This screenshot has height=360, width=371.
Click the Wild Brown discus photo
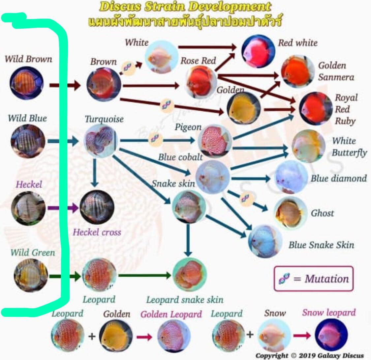(26, 83)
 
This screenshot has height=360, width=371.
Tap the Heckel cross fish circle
(97, 207)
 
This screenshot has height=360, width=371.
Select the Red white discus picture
(258, 51)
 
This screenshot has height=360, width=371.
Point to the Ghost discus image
(290, 213)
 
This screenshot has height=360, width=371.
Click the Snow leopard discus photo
(331, 335)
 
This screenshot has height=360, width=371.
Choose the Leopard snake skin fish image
(190, 275)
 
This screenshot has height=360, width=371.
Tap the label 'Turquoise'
(104, 119)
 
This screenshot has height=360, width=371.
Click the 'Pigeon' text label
(188, 127)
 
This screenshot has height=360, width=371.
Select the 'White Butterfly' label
(350, 147)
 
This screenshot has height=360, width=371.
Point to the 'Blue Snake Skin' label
(321, 245)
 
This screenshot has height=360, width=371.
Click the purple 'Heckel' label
(29, 184)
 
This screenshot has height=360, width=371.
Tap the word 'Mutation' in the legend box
(327, 279)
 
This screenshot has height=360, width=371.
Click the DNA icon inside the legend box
(284, 278)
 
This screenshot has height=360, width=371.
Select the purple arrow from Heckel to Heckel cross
(63, 208)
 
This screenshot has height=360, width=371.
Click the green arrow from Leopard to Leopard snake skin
(144, 275)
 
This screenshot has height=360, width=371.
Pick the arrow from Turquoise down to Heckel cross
(95, 173)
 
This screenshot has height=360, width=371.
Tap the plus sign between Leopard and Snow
(250, 334)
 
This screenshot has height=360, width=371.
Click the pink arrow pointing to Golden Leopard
(144, 337)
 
